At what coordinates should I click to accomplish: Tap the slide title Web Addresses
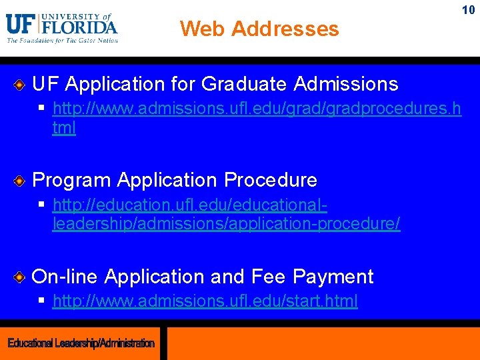[259, 29]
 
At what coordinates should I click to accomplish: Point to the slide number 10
[468, 11]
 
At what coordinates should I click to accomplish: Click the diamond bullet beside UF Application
[20, 85]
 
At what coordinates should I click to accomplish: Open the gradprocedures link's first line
[256, 109]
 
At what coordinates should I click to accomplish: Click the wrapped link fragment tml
[64, 128]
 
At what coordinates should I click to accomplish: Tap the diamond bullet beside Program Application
[20, 181]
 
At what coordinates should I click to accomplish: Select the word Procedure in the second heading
[271, 180]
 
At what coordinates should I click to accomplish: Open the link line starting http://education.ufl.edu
[189, 205]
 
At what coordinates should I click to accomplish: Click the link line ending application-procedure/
[226, 224]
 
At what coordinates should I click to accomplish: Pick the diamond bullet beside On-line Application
[20, 277]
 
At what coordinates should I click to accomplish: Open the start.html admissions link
[205, 301]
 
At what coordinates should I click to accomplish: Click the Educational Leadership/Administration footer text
[81, 343]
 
